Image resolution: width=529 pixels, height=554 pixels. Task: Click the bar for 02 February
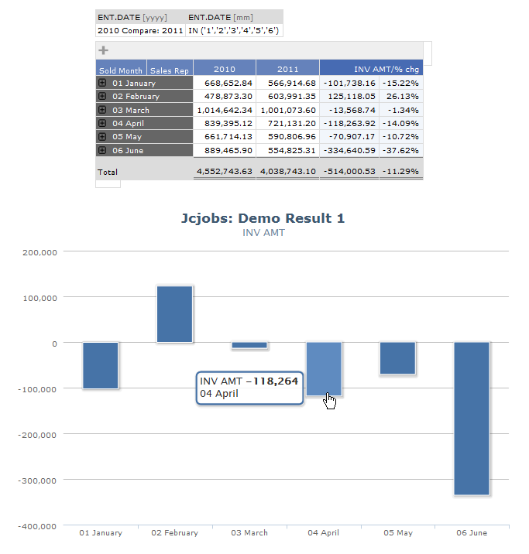click(174, 314)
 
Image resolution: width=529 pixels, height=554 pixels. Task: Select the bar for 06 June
click(472, 418)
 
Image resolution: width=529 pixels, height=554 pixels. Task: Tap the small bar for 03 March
click(249, 346)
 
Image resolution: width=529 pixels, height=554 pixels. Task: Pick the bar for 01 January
click(101, 365)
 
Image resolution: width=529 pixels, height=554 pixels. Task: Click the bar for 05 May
click(397, 358)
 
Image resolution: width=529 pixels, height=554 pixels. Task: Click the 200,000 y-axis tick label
click(40, 252)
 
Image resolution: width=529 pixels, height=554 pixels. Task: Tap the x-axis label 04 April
click(323, 532)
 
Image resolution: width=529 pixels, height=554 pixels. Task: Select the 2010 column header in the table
click(224, 69)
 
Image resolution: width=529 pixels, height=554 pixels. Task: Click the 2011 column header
click(287, 69)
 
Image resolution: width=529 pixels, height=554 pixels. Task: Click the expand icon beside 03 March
click(102, 110)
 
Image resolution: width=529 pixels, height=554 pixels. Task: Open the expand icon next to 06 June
click(102, 150)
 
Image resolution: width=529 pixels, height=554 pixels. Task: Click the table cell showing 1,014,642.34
click(225, 110)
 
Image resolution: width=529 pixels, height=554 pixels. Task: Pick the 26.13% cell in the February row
click(403, 97)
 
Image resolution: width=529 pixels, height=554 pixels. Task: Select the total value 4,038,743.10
click(288, 171)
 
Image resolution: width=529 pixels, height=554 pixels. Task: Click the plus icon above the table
click(103, 50)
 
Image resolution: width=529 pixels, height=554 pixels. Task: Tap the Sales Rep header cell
click(169, 70)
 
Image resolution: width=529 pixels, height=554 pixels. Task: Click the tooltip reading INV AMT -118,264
click(249, 387)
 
